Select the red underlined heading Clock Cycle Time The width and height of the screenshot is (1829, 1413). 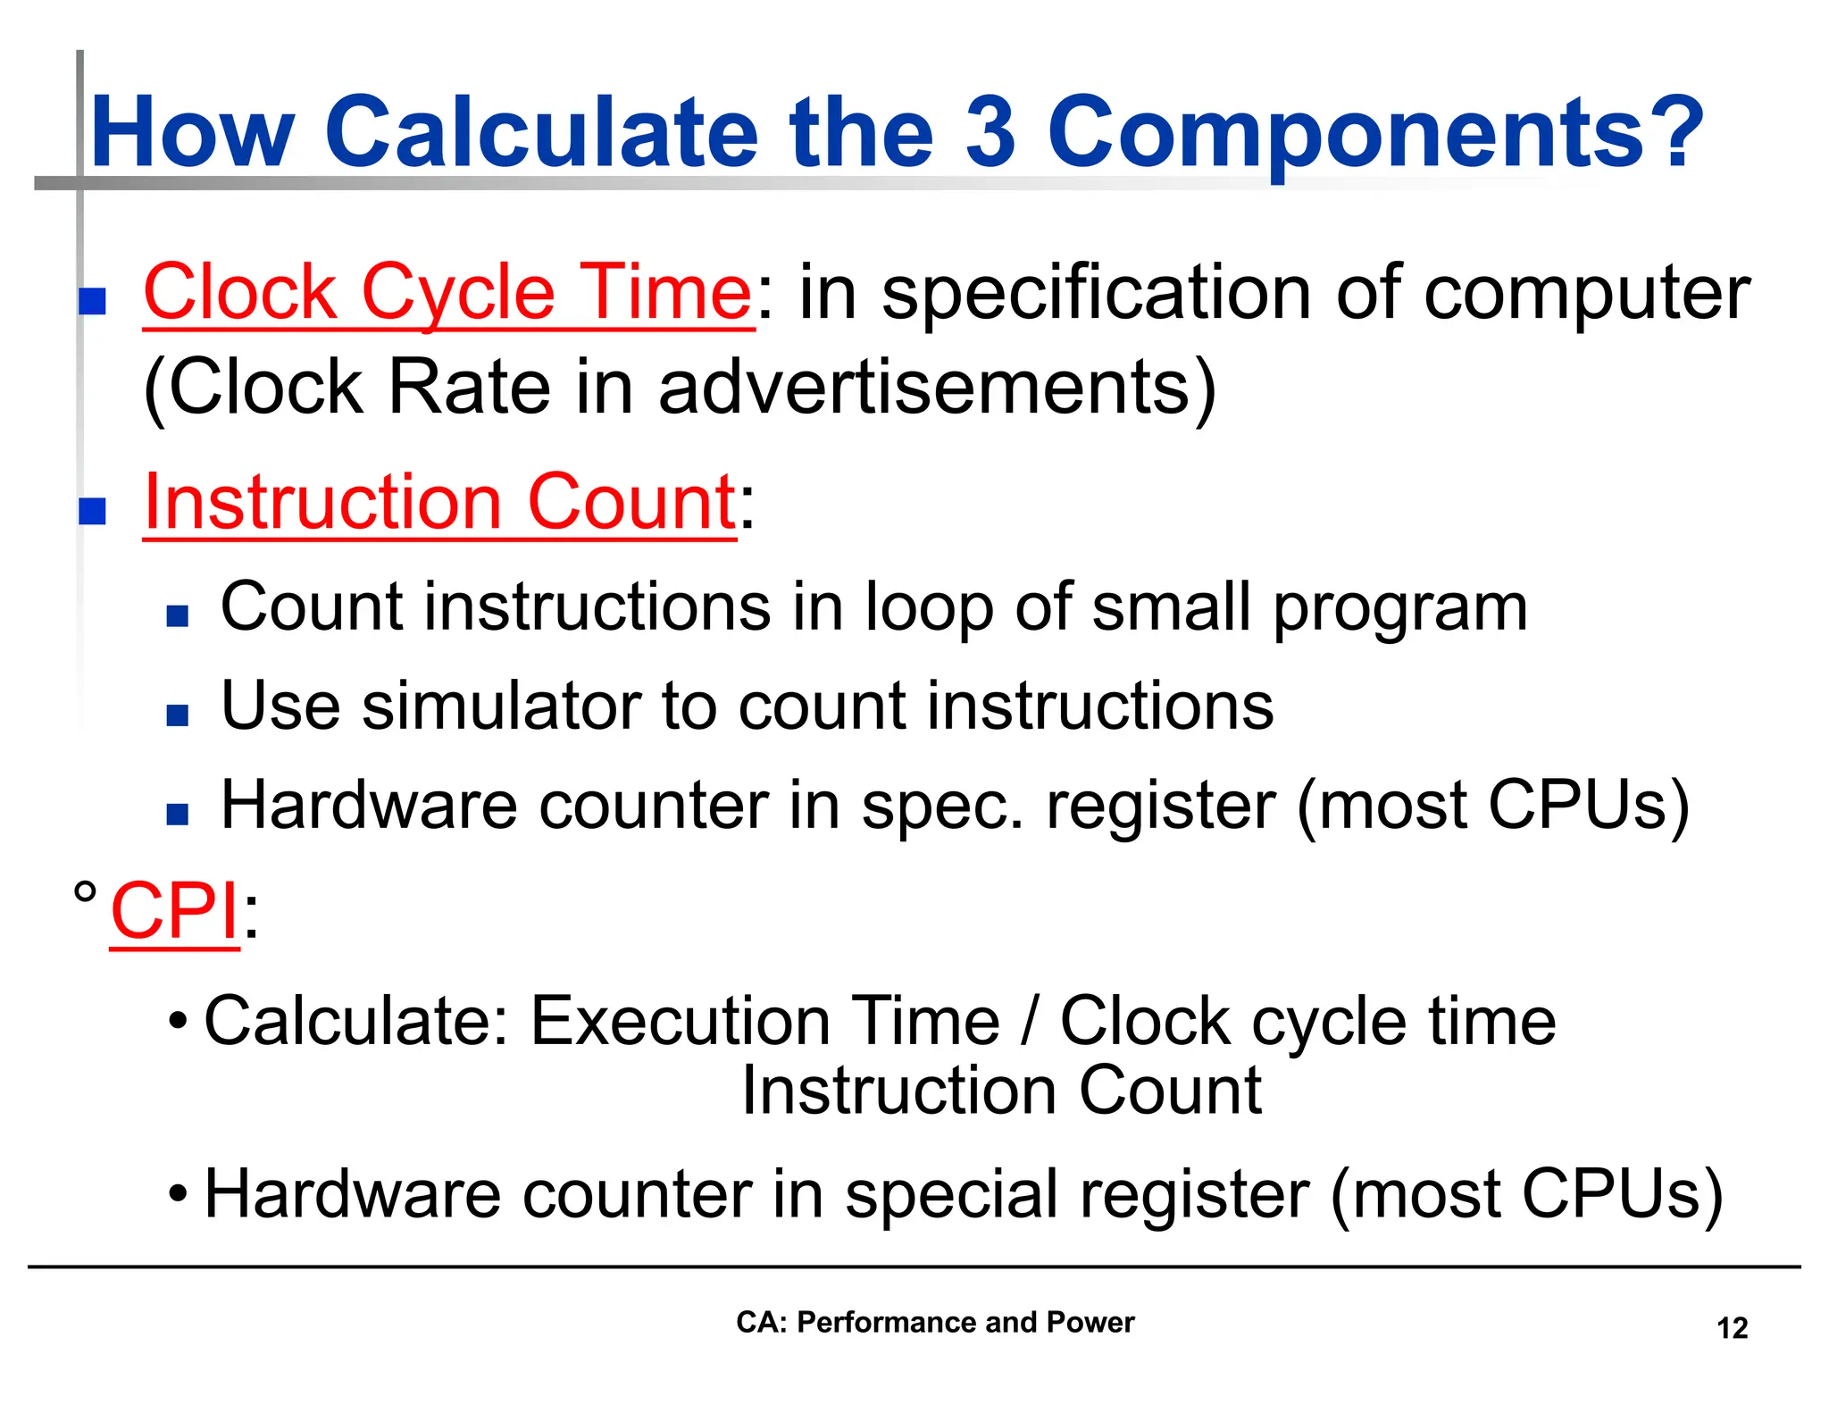[447, 293]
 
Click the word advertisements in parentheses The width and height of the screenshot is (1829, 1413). [924, 388]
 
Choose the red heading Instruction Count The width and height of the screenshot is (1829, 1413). [439, 502]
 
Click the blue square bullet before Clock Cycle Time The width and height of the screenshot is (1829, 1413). [92, 301]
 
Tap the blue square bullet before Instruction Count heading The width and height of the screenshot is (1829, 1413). [92, 511]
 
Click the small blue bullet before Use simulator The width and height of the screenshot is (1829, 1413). [177, 715]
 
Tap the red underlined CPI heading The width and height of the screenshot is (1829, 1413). [174, 911]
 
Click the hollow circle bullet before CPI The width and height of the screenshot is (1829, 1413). [85, 891]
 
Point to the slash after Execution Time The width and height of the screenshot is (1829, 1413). [1030, 1021]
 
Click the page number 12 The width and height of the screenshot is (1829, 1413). [1732, 1328]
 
